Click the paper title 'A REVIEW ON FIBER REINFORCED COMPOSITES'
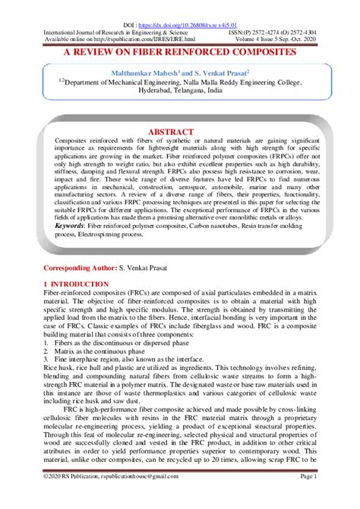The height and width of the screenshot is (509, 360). click(x=179, y=52)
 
